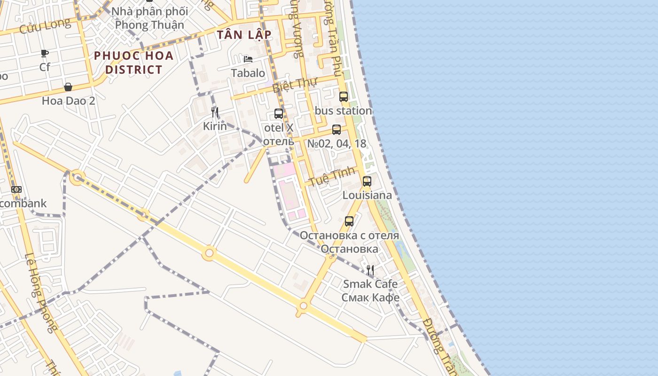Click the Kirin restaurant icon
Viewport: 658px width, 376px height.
215,112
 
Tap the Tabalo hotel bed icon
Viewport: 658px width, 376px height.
248,59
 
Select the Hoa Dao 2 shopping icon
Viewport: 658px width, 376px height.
68,87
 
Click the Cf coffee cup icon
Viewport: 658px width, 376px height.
45,53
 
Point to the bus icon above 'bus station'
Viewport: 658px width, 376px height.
344,97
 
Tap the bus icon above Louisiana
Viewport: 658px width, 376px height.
367,181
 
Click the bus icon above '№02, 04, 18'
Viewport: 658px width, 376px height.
337,130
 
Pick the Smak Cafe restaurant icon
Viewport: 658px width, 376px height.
370,270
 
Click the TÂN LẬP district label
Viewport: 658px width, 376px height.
244,35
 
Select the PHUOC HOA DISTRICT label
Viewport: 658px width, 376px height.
134,63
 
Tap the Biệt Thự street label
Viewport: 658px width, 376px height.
295,84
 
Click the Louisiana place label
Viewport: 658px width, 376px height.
367,195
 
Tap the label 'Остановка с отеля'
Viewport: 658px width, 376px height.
349,235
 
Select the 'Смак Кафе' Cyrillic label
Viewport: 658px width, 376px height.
370,298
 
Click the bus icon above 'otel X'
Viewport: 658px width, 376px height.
279,114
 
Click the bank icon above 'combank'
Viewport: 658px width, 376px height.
16,189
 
